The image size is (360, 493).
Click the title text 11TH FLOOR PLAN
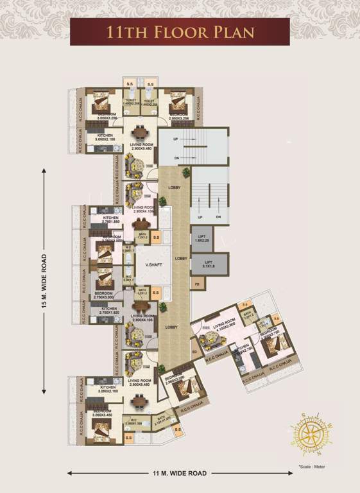pos(180,32)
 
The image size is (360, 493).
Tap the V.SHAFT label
pos(152,265)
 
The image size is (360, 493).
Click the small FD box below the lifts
pos(198,284)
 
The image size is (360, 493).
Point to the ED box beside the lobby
pos(194,352)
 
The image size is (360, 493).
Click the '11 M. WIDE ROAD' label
pos(180,473)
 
